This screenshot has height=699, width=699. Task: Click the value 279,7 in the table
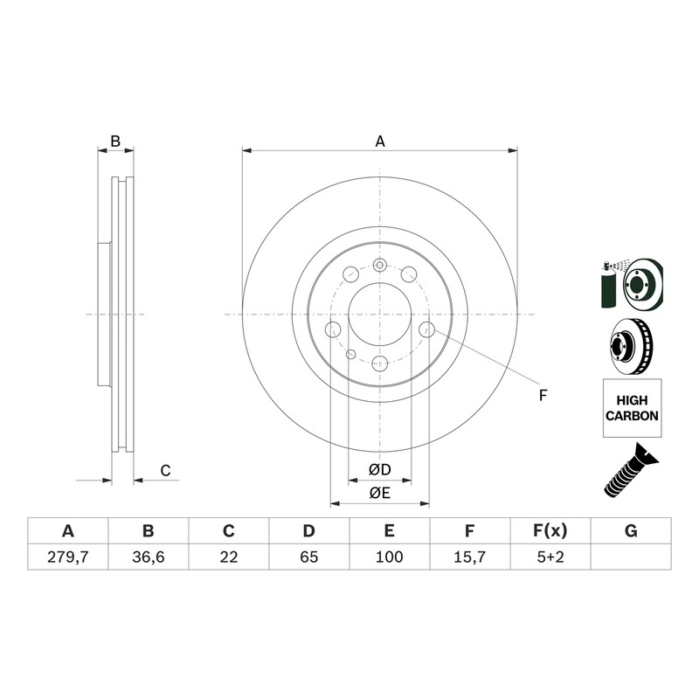[x=68, y=557]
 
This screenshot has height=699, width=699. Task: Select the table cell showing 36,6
[x=148, y=557]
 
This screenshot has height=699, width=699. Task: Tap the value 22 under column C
[x=229, y=557]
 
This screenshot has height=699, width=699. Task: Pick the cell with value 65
[x=309, y=557]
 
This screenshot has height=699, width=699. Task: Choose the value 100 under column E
[x=389, y=557]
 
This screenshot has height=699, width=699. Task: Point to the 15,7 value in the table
[x=470, y=557]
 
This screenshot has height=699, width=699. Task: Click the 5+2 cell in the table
[x=550, y=557]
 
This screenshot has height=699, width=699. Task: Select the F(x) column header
[x=550, y=531]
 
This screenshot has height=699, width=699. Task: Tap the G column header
[x=631, y=531]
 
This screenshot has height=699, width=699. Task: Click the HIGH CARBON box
[x=632, y=408]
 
